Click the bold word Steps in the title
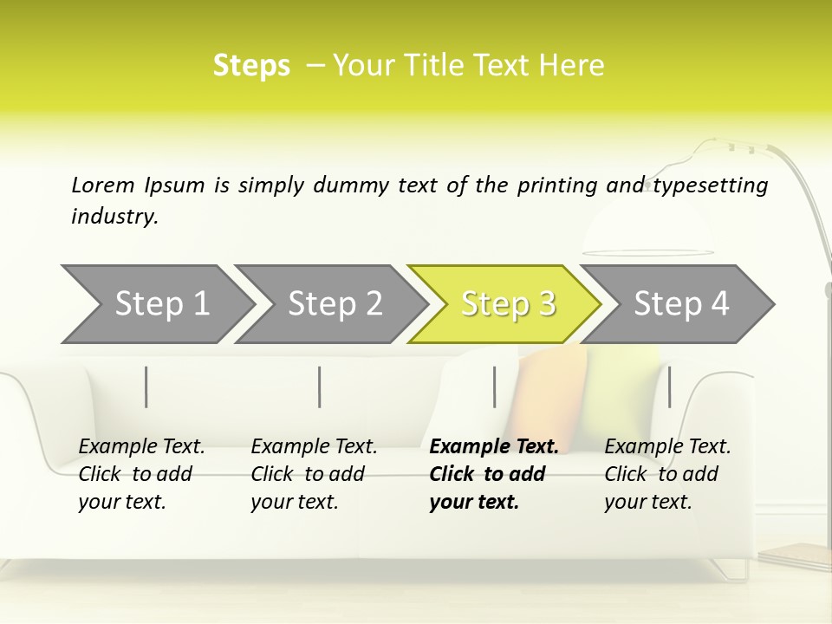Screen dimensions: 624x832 point(251,66)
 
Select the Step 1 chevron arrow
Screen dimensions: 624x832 point(156,304)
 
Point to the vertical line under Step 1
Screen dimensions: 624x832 point(146,387)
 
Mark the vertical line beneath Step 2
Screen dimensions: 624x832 point(320,387)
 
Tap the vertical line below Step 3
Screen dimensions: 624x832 point(494,387)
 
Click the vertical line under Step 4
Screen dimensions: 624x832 point(669,387)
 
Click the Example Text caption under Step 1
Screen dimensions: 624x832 point(141,474)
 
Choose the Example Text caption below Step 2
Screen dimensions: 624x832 point(314,474)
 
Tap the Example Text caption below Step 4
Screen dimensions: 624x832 point(667,474)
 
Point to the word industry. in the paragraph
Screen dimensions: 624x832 point(114,217)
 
